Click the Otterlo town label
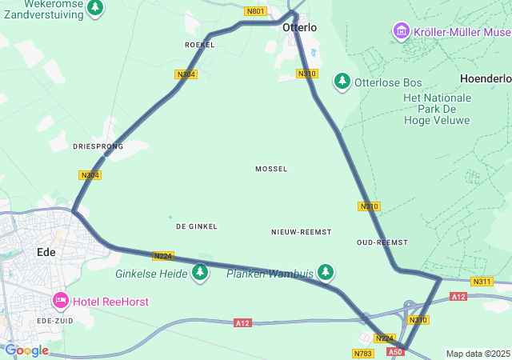(x=299, y=27)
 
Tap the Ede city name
(x=46, y=252)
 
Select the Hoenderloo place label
(x=486, y=78)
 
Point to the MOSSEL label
(x=271, y=169)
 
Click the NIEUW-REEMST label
(x=301, y=231)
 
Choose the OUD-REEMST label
(x=382, y=242)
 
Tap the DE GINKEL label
(x=197, y=226)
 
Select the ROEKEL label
(x=199, y=45)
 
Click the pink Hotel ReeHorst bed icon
(x=61, y=301)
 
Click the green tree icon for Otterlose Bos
(x=342, y=82)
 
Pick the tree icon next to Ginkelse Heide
(x=199, y=274)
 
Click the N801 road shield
(x=255, y=10)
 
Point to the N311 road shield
(x=482, y=282)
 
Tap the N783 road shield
(x=362, y=353)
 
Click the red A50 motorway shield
(x=395, y=351)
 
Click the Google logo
(x=26, y=350)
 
